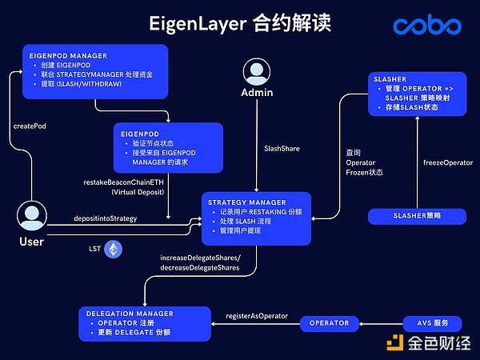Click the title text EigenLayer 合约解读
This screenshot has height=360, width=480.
pyautogui.click(x=239, y=23)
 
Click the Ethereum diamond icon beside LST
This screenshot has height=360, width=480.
pyautogui.click(x=115, y=250)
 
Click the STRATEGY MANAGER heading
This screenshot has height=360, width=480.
pyautogui.click(x=246, y=202)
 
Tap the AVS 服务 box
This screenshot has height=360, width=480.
pyautogui.click(x=432, y=323)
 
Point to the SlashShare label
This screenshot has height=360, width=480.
pyautogui.click(x=282, y=148)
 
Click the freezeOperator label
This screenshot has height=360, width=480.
pyautogui.click(x=446, y=163)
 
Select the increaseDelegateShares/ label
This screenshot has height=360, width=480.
pyautogui.click(x=200, y=258)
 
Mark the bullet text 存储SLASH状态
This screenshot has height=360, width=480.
pyautogui.click(x=411, y=106)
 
